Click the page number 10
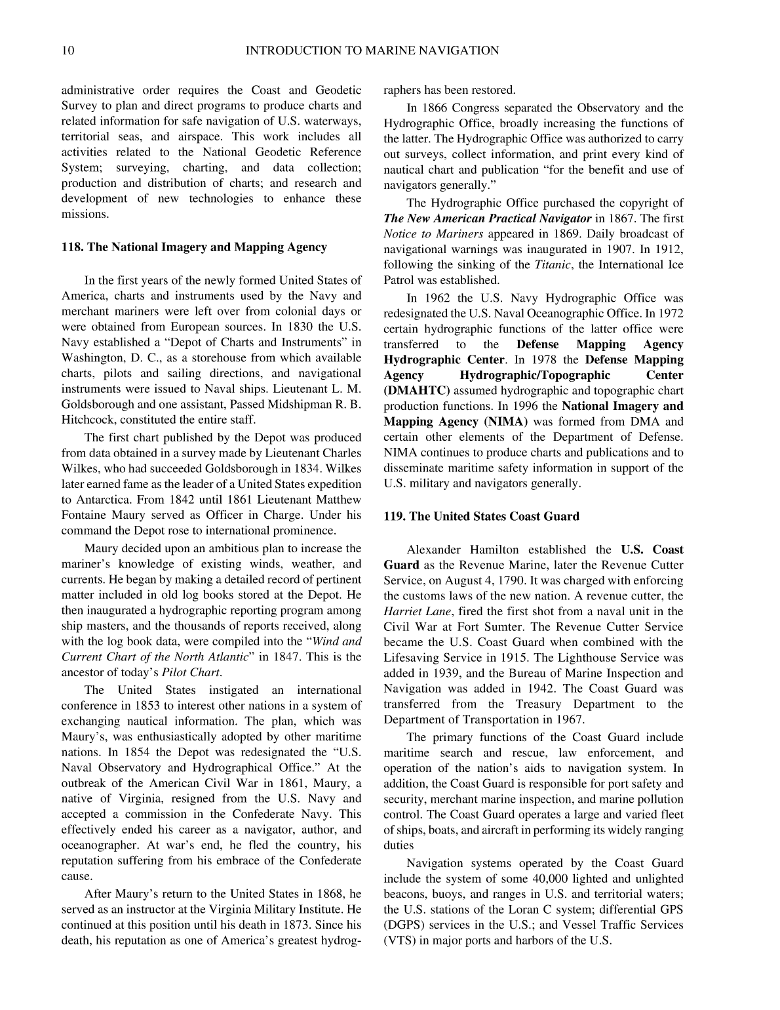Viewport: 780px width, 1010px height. click(68, 51)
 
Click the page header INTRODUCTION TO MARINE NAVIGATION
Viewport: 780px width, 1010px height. click(372, 51)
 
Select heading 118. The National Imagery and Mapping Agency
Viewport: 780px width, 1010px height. click(194, 247)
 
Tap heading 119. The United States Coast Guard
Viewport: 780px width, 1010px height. click(481, 516)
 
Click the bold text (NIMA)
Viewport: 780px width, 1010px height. click(506, 422)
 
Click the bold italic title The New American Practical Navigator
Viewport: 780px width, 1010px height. click(488, 218)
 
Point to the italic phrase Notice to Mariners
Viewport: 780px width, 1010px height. click(433, 234)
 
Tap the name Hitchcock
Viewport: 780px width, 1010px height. click(88, 420)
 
